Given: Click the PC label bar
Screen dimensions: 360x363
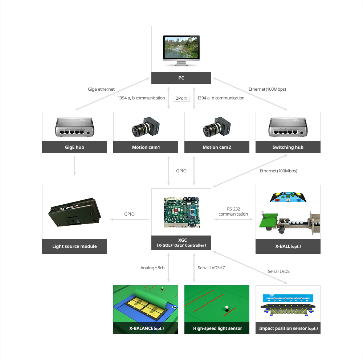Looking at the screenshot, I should click(181, 78).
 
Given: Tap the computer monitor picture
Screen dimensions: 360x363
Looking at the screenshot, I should click(181, 51).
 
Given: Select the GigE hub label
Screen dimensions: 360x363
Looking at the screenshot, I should click(74, 147).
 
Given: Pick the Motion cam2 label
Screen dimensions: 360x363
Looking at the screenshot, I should click(217, 147).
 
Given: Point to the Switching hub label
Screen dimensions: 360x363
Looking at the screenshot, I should click(288, 147).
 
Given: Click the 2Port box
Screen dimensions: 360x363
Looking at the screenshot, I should click(181, 98).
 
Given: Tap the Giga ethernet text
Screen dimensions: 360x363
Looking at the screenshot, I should click(101, 89).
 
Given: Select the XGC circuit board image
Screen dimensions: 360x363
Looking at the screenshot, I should click(181, 212).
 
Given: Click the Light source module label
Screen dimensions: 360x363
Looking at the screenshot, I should click(74, 246).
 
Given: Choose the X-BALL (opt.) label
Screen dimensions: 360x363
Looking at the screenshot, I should click(288, 246).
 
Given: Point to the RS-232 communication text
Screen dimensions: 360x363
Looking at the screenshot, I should click(233, 212).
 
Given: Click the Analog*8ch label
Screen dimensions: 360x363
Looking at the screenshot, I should click(152, 268).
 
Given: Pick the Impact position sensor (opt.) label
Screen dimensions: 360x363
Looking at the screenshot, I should click(288, 328).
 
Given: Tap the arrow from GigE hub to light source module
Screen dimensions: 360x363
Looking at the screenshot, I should click(74, 166).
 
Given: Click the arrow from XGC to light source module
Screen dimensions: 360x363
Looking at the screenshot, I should click(130, 219).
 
